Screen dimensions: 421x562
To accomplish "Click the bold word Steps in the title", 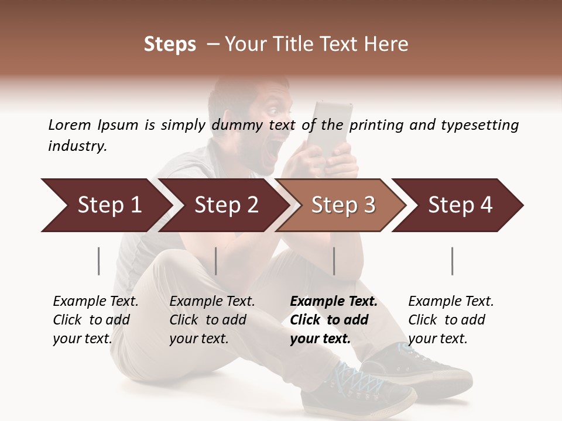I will (x=170, y=44).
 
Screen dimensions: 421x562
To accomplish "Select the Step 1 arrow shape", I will (x=105, y=205).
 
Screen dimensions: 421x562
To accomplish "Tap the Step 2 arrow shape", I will (x=223, y=205).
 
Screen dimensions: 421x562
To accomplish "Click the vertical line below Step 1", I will (x=99, y=261).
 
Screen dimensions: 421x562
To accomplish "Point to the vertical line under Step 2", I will (x=216, y=261).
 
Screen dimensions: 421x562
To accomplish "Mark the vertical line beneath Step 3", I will (x=334, y=261).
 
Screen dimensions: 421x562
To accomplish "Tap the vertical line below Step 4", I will (x=453, y=261).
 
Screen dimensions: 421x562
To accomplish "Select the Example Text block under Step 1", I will (x=95, y=320).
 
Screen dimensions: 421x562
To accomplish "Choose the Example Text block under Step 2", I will (x=212, y=320).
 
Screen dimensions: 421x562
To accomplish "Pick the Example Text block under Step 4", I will (x=451, y=320).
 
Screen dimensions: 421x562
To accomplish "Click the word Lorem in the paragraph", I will (x=70, y=125).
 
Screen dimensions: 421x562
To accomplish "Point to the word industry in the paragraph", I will (x=77, y=146).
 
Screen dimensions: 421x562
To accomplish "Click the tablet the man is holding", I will (x=333, y=126).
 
